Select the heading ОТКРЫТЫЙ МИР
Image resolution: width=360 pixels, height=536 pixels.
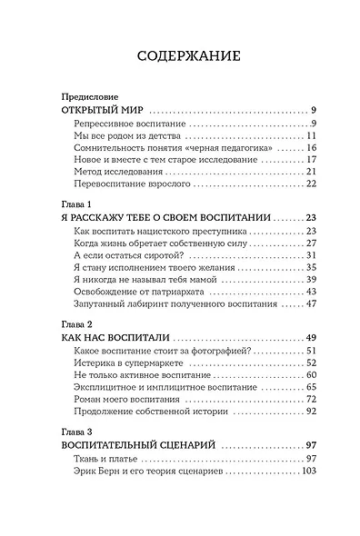(90, 108)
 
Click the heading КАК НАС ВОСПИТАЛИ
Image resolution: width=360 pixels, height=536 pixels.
(107, 336)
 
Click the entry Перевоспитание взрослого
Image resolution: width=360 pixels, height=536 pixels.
(128, 184)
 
